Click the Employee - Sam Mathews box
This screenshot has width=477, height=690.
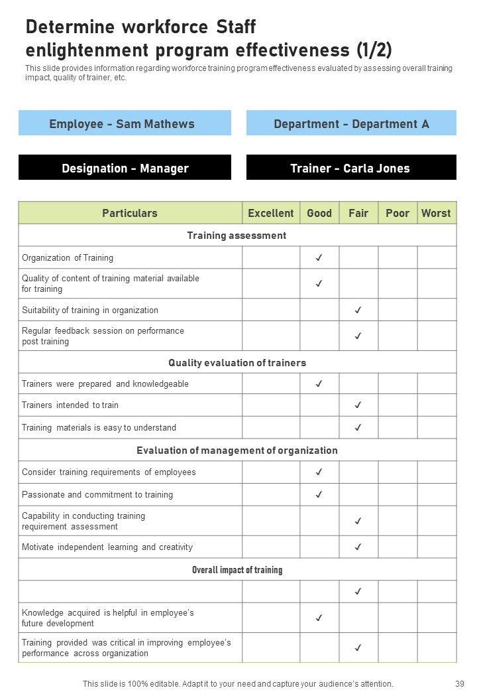(x=125, y=123)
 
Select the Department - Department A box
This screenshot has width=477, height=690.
(x=351, y=123)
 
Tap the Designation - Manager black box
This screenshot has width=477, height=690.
(x=125, y=168)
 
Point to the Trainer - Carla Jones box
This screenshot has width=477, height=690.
(x=351, y=168)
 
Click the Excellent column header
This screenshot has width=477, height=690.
(x=270, y=213)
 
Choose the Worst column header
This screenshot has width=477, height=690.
(x=436, y=213)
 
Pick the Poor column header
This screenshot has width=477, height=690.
(x=397, y=213)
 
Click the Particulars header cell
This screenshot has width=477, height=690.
(x=130, y=213)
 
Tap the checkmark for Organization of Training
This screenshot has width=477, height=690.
(x=319, y=257)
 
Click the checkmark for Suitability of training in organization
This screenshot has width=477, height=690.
(x=358, y=310)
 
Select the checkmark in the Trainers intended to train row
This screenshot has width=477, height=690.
(x=358, y=405)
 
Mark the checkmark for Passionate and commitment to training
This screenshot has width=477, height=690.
(x=319, y=494)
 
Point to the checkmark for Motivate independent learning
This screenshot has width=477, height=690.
(x=358, y=547)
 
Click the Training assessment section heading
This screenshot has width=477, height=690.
(x=237, y=236)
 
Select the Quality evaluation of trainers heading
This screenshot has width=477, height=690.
(x=237, y=363)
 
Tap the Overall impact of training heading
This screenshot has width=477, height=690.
(x=237, y=570)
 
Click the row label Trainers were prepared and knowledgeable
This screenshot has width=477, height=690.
(x=105, y=383)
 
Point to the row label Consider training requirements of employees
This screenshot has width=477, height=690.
(x=109, y=472)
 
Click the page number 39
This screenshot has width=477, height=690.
(x=460, y=683)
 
